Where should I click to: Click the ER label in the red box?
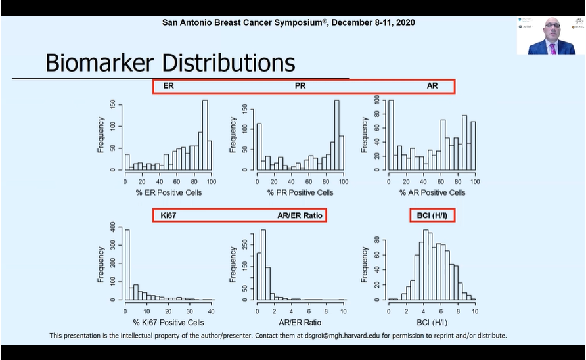[168, 86]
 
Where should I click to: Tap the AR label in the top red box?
[432, 86]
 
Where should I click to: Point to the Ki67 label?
[170, 215]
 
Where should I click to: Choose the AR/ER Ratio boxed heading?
[300, 215]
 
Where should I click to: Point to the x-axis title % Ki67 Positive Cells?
[168, 322]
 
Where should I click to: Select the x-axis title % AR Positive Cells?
[432, 192]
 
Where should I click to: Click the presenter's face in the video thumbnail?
[551, 30]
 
